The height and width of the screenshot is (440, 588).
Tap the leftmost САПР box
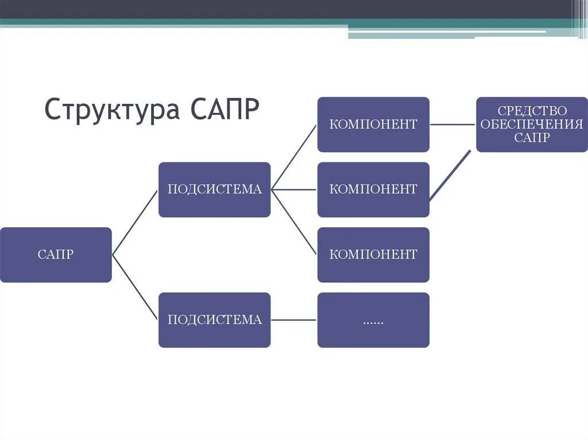(56, 255)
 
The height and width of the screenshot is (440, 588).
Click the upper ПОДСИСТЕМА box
(214, 189)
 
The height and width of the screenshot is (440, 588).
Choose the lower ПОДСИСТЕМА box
(214, 320)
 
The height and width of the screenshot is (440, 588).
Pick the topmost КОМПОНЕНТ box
(373, 124)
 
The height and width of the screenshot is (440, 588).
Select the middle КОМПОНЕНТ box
(373, 189)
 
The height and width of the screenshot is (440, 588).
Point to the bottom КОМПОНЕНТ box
(373, 255)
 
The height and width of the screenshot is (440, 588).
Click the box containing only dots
(373, 320)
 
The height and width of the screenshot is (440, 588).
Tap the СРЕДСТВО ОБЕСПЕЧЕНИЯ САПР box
(532, 124)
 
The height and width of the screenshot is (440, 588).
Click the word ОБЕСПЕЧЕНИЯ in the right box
(532, 124)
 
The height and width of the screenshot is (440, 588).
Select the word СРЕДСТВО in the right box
(532, 111)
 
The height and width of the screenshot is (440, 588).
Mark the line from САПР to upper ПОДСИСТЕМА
(135, 222)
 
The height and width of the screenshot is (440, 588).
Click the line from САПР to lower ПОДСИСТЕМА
(135, 287)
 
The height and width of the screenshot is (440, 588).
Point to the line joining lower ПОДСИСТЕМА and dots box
(293, 320)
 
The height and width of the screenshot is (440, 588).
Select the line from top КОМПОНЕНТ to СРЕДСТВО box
(452, 124)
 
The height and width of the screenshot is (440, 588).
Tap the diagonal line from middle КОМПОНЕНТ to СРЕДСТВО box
(450, 176)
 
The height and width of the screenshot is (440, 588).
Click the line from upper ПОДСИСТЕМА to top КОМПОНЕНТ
(293, 157)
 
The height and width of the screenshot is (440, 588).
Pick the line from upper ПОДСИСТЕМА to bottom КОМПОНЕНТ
(293, 222)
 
